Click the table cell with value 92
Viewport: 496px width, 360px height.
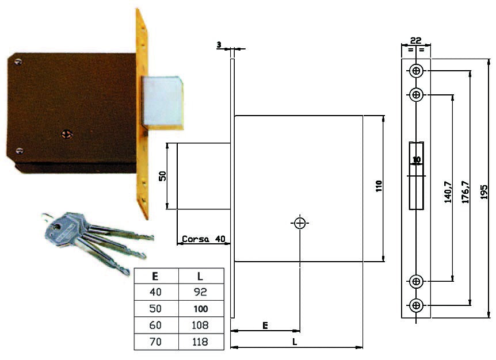(201, 292)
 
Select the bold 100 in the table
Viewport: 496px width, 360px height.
(201, 309)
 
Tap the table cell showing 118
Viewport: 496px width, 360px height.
(201, 342)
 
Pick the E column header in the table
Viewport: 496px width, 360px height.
(155, 276)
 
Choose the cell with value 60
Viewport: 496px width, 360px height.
(155, 325)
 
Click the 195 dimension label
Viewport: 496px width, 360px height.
(484, 192)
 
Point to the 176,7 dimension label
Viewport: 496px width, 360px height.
(466, 192)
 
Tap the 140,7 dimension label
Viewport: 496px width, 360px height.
(448, 192)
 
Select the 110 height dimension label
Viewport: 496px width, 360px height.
(379, 186)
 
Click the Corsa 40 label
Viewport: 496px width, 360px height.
(203, 239)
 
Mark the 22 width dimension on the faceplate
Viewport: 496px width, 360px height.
(415, 40)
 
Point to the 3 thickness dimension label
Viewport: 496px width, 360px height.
(219, 45)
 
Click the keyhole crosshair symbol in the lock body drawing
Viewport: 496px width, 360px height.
(300, 223)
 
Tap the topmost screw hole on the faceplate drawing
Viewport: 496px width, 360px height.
(416, 71)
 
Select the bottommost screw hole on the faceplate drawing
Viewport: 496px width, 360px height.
(416, 305)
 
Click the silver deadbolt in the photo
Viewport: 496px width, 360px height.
(162, 102)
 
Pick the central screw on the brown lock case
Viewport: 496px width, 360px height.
(67, 135)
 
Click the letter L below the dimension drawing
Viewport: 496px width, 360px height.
(295, 342)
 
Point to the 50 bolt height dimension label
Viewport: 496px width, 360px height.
(162, 176)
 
